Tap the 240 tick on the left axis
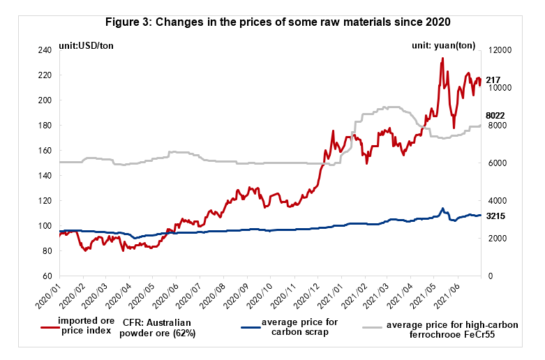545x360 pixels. tap(47, 50)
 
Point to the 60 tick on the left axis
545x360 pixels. tap(49, 276)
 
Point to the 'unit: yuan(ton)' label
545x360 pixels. tap(443, 45)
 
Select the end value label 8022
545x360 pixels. tap(495, 115)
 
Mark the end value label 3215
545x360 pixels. tap(495, 216)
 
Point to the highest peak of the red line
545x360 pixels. tap(442, 59)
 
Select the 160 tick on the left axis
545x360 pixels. tap(47, 151)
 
